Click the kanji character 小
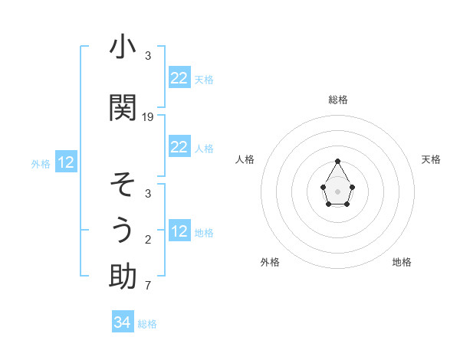tap(123, 47)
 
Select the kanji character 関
tap(123, 108)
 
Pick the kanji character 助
tap(123, 277)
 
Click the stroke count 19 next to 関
tap(148, 117)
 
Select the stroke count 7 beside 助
tap(148, 286)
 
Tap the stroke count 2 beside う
tap(148, 240)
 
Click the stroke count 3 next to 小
tap(148, 56)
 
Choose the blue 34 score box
tap(123, 323)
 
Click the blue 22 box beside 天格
tap(179, 78)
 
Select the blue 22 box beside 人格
tap(179, 147)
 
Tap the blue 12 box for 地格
tap(179, 231)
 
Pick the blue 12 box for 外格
tap(65, 162)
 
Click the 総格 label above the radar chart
tap(338, 100)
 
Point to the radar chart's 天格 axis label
tap(431, 159)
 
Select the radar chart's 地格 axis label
tap(402, 262)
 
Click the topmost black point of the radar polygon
tap(338, 161)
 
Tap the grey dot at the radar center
tap(338, 190)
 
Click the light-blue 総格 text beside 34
tap(147, 324)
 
